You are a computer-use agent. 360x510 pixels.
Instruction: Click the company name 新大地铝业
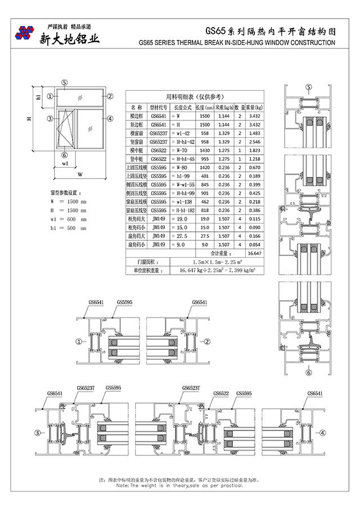click(x=69, y=38)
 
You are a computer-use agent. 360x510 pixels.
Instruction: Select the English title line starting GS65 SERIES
click(x=236, y=43)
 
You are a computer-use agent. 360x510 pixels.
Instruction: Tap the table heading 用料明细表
click(x=193, y=96)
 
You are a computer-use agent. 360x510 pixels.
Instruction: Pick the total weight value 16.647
click(x=254, y=254)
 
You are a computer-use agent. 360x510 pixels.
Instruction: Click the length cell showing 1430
click(x=205, y=150)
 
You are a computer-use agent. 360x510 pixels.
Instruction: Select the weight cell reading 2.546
click(x=254, y=142)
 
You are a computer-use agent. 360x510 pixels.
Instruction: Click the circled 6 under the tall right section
click(x=308, y=372)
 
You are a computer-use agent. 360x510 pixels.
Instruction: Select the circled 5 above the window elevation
click(x=65, y=83)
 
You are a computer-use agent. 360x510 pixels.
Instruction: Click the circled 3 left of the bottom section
click(x=38, y=433)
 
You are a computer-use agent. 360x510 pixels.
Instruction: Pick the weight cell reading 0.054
click(x=254, y=245)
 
